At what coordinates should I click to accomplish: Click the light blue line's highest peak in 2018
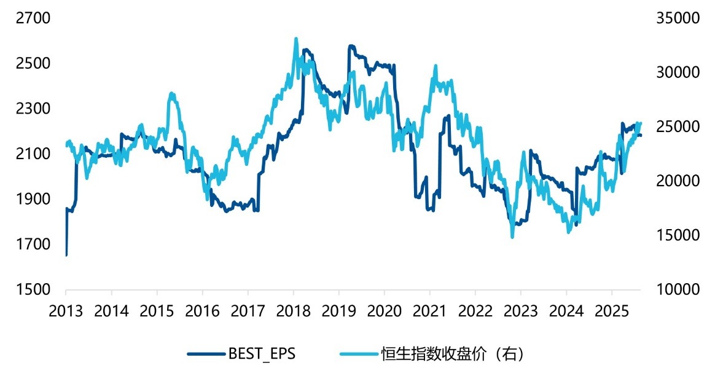(x=295, y=39)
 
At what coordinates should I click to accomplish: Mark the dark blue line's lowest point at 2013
(x=66, y=254)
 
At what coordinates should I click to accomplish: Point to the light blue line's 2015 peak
(x=172, y=93)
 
